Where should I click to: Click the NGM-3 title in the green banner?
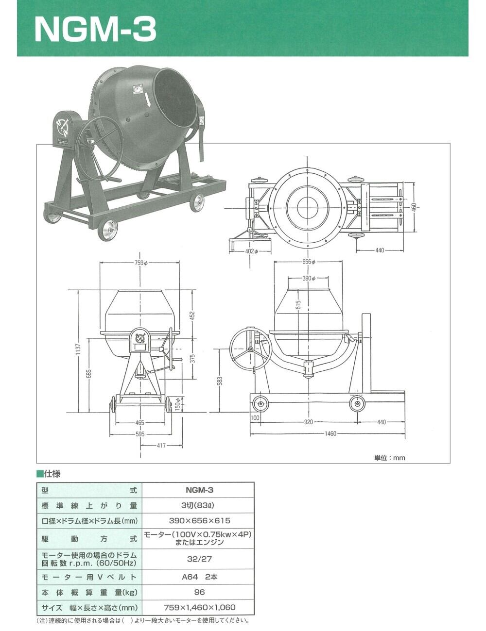96,29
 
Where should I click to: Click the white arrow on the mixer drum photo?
148,100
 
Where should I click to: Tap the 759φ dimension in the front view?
141,263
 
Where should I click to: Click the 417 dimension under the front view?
161,446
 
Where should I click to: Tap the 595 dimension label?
140,434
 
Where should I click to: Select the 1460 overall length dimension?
330,434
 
